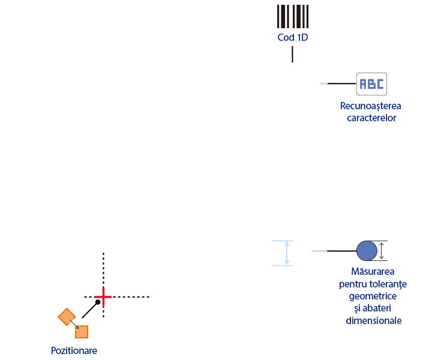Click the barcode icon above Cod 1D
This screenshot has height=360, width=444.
click(293, 16)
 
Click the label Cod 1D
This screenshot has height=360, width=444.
click(293, 37)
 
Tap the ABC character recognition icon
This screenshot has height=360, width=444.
click(371, 84)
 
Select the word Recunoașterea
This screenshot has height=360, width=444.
click(370, 106)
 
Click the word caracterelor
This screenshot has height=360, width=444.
click(371, 118)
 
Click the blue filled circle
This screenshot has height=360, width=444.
click(367, 251)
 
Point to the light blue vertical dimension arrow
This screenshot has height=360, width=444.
click(287, 253)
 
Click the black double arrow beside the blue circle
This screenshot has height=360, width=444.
click(382, 251)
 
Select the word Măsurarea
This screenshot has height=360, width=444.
click(373, 271)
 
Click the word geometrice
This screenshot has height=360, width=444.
click(373, 296)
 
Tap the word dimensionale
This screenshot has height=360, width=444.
click(373, 320)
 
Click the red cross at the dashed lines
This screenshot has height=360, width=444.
click(103, 297)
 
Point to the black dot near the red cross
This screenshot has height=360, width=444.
click(98, 302)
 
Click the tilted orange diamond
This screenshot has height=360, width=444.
click(67, 317)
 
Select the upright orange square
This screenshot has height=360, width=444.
click(82, 332)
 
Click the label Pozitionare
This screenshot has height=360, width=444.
click(74, 350)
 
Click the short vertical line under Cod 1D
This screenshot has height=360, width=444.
click(293, 55)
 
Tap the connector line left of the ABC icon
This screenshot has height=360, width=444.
click(338, 83)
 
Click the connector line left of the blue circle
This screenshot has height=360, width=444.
click(334, 251)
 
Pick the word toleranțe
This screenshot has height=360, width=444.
click(390, 284)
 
